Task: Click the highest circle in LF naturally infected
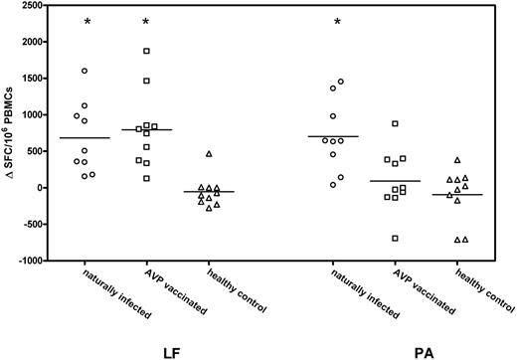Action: click(x=85, y=71)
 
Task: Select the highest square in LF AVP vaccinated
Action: click(x=146, y=51)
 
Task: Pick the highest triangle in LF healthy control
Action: click(x=210, y=153)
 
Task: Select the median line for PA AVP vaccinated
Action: click(x=395, y=181)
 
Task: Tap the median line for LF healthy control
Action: click(x=210, y=191)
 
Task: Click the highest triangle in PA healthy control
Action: click(x=457, y=160)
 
